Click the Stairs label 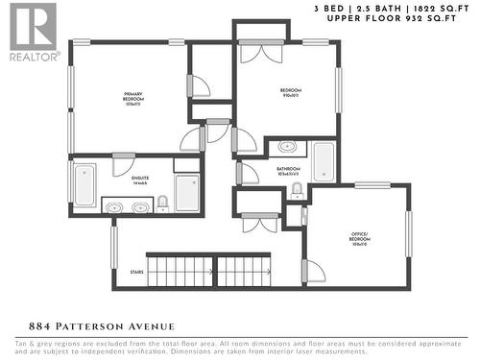[135, 272]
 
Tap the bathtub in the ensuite [84, 184]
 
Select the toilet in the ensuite [163, 203]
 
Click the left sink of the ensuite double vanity [114, 205]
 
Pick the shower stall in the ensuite [187, 192]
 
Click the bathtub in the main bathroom [324, 162]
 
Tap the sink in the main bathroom [287, 148]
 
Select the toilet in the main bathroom [297, 191]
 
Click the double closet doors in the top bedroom [261, 55]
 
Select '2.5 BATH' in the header [381, 8]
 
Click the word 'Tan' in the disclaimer [21, 343]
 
